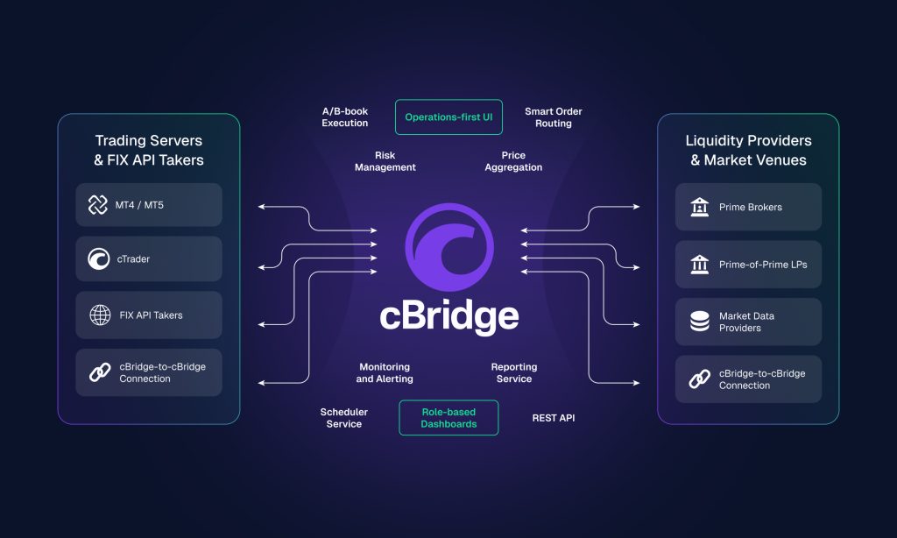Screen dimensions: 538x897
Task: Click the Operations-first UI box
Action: coord(448,117)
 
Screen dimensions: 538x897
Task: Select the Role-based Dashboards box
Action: coord(448,418)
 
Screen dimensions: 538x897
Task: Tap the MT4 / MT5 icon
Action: coord(98,205)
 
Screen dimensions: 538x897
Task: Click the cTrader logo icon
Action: coord(98,259)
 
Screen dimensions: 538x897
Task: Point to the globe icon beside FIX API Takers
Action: coord(99,315)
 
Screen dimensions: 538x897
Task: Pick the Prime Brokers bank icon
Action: coord(699,207)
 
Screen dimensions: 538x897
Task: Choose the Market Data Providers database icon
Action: coord(699,322)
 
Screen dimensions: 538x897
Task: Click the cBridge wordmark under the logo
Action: coord(448,315)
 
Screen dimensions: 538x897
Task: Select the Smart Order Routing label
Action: coord(553,117)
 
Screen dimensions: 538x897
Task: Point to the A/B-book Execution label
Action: coord(344,117)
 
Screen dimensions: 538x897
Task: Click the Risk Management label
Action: coord(385,161)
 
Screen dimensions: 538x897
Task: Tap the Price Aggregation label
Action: coord(513,161)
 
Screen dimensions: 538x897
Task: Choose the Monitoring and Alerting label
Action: coord(385,373)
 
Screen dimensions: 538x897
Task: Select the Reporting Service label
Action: coord(513,373)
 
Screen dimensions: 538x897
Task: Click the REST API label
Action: coord(554,418)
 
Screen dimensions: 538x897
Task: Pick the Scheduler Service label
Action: coord(343,418)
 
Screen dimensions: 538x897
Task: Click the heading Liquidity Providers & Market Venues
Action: coord(748,151)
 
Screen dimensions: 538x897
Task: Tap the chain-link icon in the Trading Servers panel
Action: coord(99,372)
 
